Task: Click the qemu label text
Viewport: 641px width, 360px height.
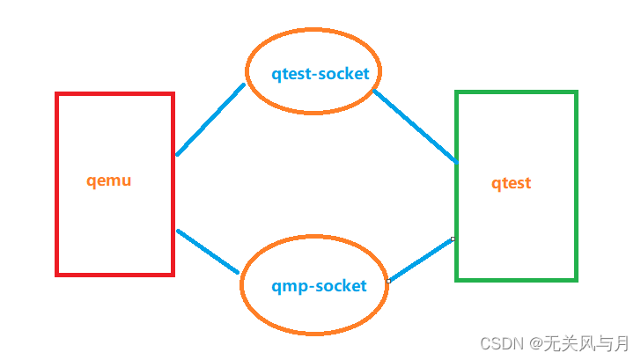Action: click(109, 181)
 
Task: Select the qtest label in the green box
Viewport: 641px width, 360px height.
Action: click(512, 183)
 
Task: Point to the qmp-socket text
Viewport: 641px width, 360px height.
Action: click(319, 286)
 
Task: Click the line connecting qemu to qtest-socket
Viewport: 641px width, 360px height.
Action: click(210, 120)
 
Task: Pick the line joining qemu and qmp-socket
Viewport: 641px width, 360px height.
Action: click(208, 251)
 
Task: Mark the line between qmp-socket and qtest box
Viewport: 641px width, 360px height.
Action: click(421, 260)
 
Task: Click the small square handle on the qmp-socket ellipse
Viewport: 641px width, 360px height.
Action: click(388, 282)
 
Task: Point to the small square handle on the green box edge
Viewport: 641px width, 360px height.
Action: click(453, 239)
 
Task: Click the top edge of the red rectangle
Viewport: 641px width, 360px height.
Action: click(114, 94)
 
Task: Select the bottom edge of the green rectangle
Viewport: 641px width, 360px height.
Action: click(516, 279)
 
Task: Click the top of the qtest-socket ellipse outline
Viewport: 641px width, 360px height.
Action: click(313, 31)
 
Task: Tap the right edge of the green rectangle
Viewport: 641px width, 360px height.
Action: click(576, 185)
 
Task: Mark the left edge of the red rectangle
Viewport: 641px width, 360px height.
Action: click(57, 185)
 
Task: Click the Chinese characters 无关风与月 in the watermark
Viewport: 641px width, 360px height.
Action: click(586, 342)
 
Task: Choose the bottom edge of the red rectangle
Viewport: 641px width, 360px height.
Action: click(114, 274)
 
